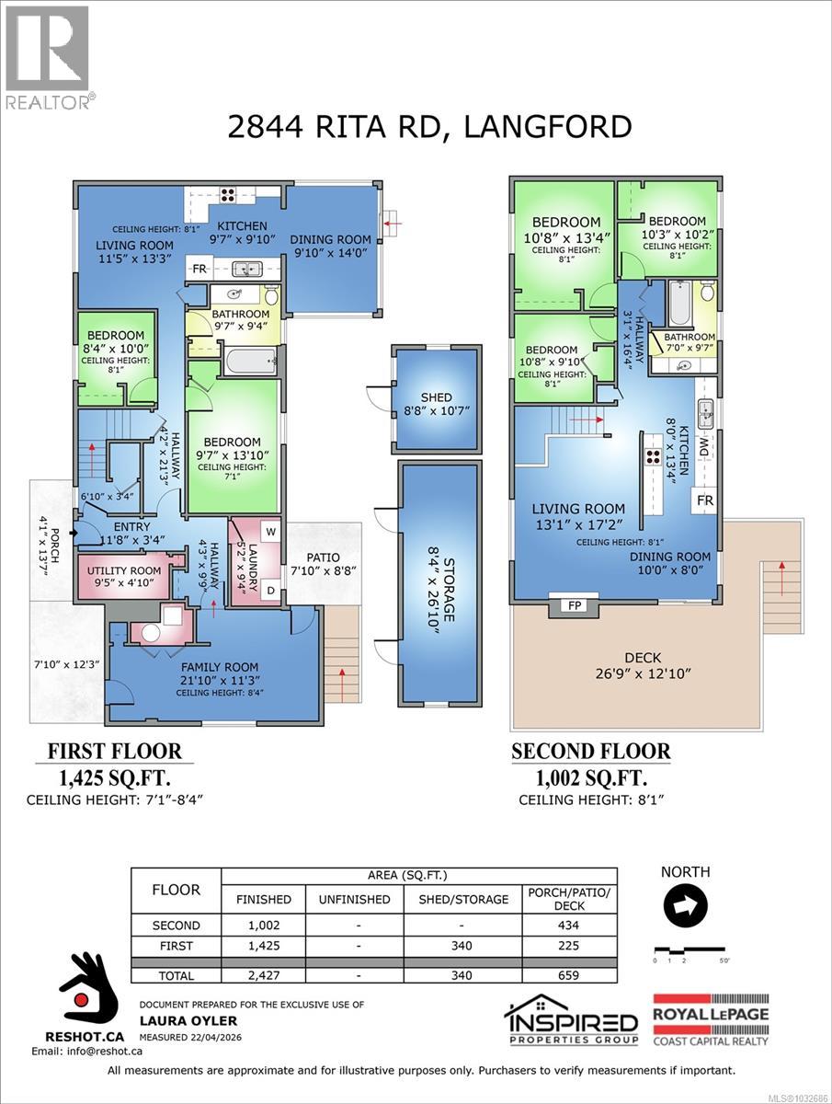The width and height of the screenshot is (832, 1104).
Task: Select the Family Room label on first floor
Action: click(x=219, y=667)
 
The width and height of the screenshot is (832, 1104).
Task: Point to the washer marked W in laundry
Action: click(x=270, y=531)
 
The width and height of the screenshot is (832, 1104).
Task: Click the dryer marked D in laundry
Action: click(x=270, y=589)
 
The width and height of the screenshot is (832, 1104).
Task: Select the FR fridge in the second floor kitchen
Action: click(x=705, y=500)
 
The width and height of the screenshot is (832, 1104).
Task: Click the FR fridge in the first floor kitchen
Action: click(x=199, y=270)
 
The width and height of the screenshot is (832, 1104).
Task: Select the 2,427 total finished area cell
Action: click(x=263, y=975)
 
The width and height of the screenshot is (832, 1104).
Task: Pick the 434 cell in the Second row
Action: click(x=568, y=926)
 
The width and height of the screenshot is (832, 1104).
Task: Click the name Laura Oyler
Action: click(x=175, y=1020)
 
